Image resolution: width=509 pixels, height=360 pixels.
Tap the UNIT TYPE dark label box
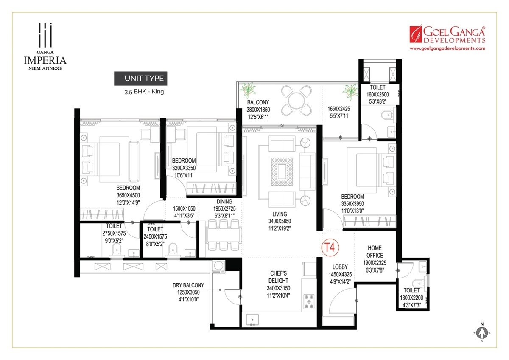tap(139, 78)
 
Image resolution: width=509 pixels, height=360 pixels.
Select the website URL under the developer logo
tap(447, 49)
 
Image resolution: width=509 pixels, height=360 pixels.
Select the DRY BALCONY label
tap(189, 285)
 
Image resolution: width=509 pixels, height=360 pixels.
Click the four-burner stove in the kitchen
tap(309, 301)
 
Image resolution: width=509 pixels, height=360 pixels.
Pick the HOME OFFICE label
tap(375, 251)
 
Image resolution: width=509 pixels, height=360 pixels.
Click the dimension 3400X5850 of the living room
tap(280, 221)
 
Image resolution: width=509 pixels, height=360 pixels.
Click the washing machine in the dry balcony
tap(219, 266)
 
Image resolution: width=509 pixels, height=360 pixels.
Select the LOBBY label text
tap(340, 267)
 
